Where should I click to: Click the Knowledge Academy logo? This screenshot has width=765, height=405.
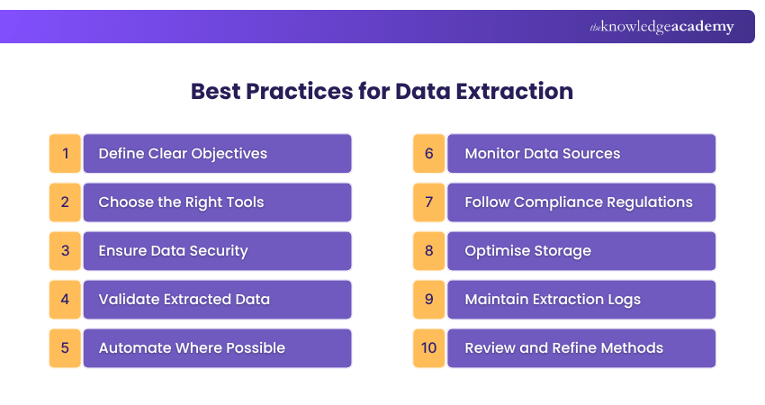(661, 27)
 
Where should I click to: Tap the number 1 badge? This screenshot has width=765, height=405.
(65, 153)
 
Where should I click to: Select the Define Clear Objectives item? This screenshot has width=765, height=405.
(217, 153)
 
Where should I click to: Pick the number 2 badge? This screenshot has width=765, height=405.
(65, 202)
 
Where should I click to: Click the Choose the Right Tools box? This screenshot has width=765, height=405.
(217, 202)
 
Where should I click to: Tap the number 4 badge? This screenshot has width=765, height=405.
(65, 299)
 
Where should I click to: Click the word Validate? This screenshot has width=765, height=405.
(127, 299)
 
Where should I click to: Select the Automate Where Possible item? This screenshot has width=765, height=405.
(217, 347)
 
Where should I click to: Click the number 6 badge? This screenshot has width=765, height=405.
(429, 153)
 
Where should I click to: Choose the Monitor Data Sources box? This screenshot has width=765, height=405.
(581, 153)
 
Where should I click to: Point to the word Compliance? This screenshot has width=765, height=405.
(576, 202)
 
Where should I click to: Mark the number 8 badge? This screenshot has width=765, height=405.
(429, 250)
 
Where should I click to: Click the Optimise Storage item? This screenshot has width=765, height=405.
(581, 250)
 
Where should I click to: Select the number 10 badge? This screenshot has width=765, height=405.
(429, 347)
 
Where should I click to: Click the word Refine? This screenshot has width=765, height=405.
(577, 347)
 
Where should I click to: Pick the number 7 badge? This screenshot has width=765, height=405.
(429, 202)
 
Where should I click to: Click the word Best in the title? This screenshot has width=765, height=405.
(215, 91)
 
